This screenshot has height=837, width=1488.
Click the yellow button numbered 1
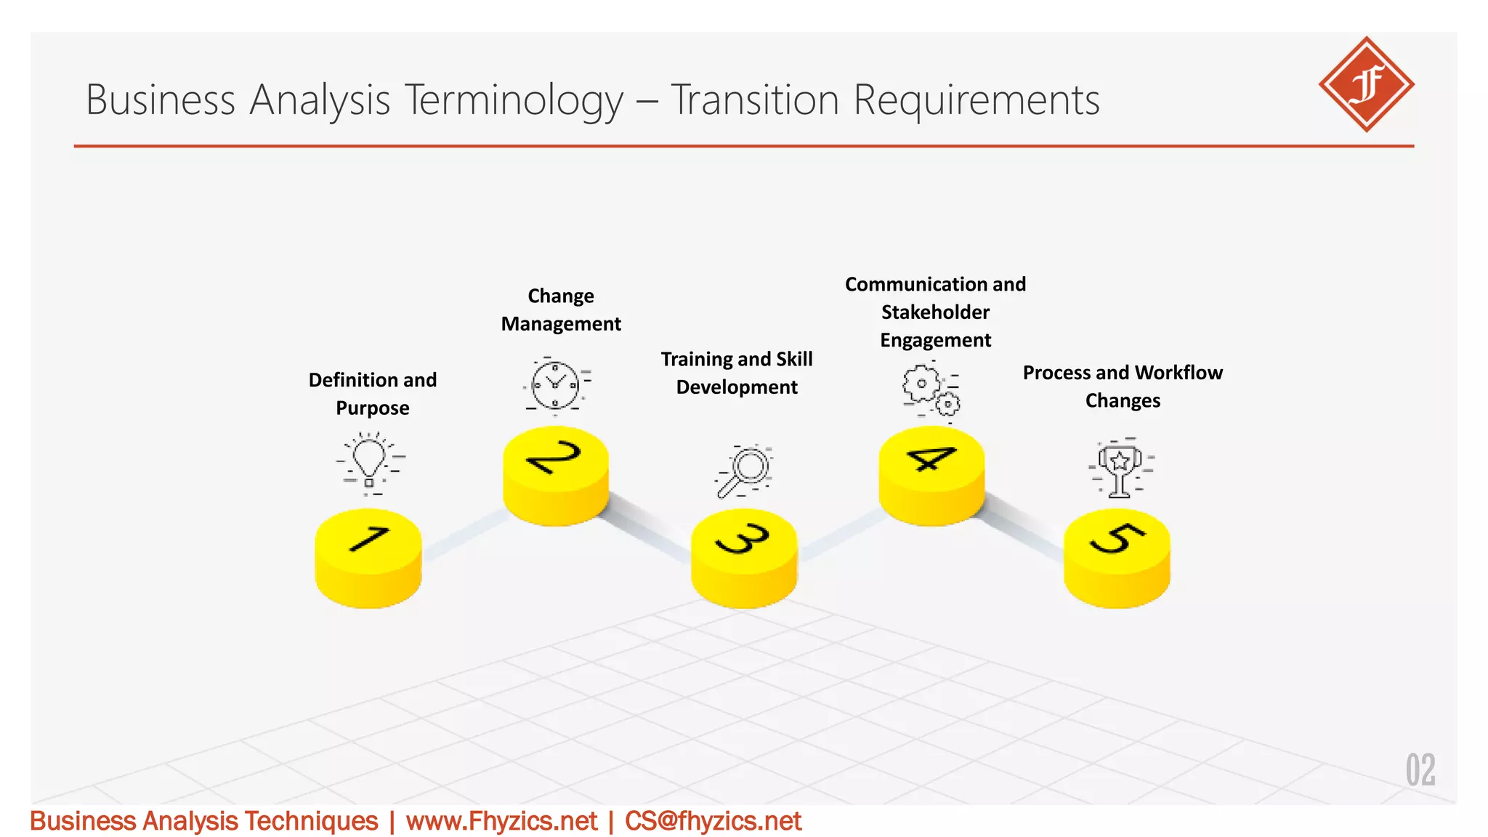368,557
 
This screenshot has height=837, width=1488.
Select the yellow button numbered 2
556,474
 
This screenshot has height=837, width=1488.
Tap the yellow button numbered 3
744,557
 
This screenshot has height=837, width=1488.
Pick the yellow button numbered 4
931,474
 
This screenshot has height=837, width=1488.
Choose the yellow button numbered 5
1117,557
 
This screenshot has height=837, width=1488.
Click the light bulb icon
370,463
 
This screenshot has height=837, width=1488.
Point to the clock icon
556,384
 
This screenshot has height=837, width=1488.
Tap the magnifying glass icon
745,472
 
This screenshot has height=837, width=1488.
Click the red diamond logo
1366,84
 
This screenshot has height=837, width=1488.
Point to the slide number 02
1420,770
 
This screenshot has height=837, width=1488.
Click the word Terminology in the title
514,100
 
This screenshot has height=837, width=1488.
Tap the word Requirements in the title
976,100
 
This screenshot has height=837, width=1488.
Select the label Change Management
561,310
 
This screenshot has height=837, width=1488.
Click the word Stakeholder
935,312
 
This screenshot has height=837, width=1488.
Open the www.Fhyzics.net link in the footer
501,821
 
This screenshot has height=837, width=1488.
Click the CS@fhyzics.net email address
713,821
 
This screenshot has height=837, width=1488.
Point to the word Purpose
373,408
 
